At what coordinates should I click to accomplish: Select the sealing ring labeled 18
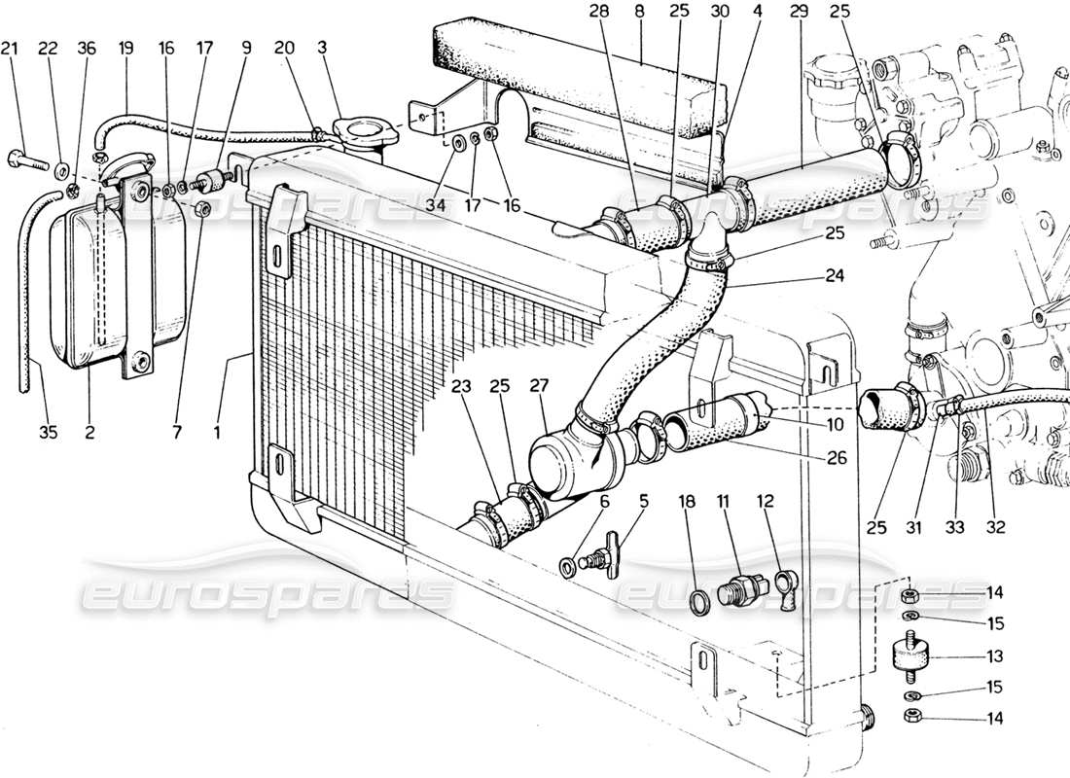point(699,600)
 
